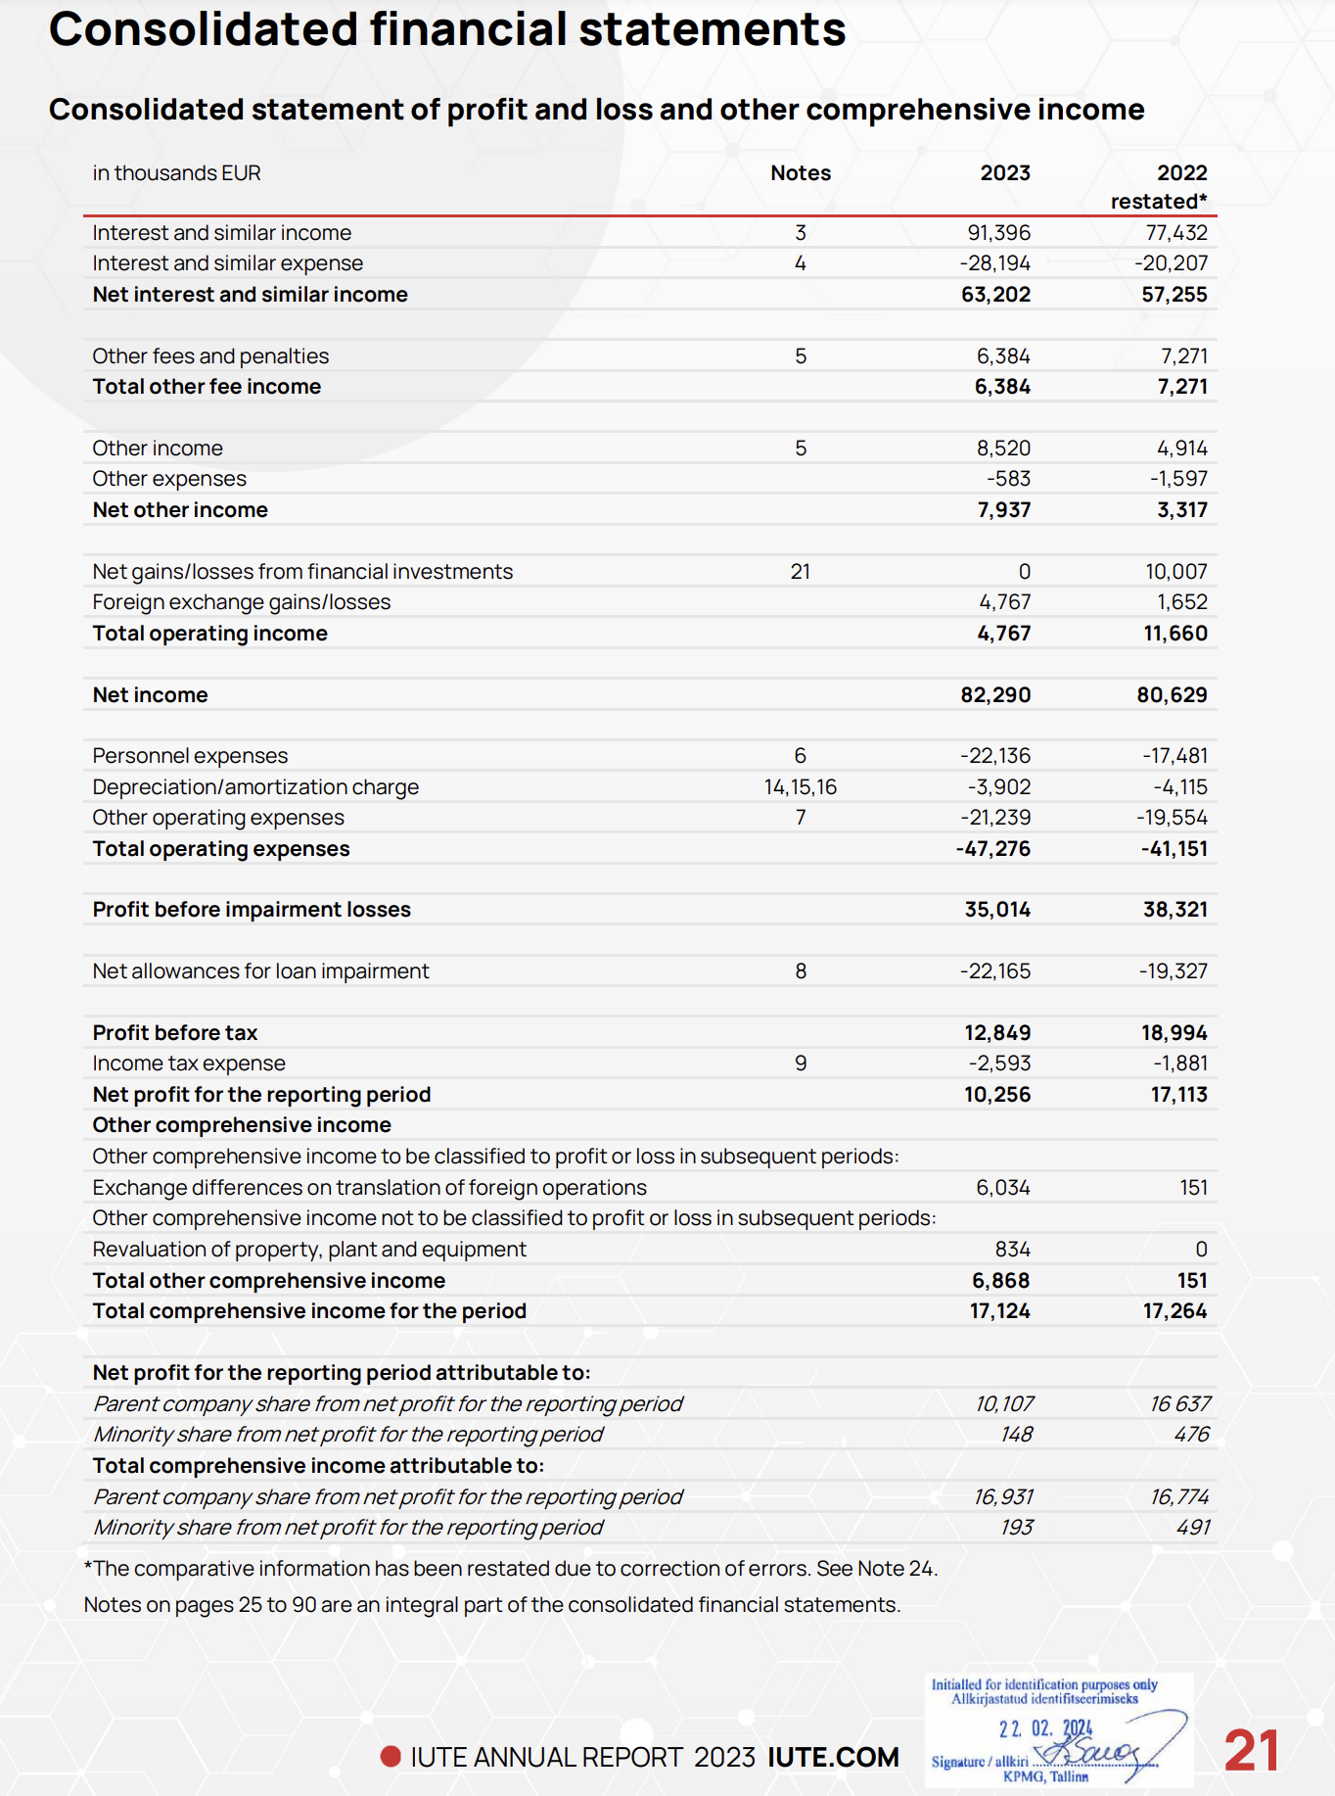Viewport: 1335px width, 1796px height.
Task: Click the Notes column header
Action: tap(801, 173)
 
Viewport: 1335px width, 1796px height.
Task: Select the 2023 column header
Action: tap(1005, 173)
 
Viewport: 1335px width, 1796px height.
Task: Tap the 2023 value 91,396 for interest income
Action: tap(998, 233)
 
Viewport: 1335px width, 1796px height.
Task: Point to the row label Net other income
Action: tap(180, 510)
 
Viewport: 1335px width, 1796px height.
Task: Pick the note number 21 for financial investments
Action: tap(801, 572)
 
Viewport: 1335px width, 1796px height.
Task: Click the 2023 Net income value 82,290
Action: tap(995, 695)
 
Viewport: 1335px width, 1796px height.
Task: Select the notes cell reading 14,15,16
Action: tap(801, 787)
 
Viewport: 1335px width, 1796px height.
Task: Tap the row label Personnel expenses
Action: tap(190, 756)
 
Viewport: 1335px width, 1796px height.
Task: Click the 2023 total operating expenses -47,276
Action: tap(993, 849)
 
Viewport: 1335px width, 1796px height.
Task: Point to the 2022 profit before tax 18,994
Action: tap(1174, 1033)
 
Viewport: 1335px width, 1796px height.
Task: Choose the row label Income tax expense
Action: tap(189, 1063)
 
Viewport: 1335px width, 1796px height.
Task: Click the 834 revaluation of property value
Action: tap(1012, 1250)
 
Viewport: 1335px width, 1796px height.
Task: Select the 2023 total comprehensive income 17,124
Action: tap(999, 1311)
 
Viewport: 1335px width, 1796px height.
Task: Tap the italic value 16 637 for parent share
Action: tap(1179, 1404)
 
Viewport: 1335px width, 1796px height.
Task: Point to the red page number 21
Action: tap(1251, 1751)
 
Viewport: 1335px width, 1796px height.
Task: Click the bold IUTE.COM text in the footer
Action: tap(833, 1758)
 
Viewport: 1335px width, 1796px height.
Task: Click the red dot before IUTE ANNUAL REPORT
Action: tap(391, 1757)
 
